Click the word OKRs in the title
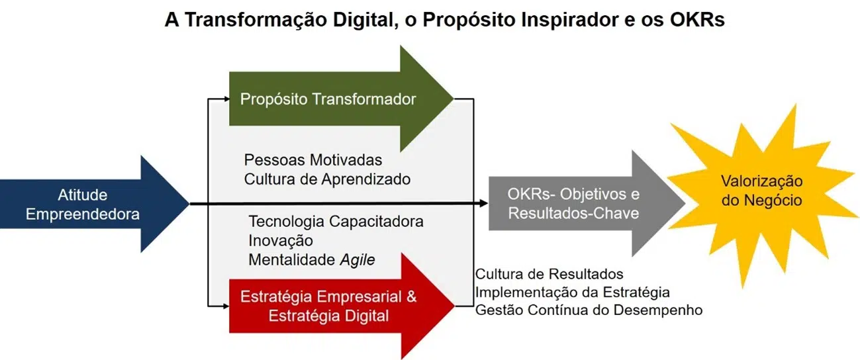coord(697,20)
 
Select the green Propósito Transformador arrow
coord(341,99)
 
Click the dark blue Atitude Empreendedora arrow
coord(95,204)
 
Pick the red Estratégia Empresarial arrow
coord(341,306)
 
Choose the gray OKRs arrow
coord(587,203)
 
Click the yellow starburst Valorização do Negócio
coord(762,196)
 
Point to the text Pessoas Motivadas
coord(313,160)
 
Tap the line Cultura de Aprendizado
coord(327,179)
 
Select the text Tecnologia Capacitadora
coord(336,222)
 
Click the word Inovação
coord(281,241)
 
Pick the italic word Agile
coord(358,260)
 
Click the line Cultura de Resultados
coord(549,274)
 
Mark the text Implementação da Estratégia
coord(573,292)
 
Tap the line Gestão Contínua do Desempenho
coord(589,310)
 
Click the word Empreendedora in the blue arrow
coord(83,214)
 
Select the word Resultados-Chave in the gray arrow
coord(573,213)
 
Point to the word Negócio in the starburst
coord(762,201)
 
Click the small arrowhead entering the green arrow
coord(226,99)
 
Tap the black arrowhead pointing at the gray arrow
coord(484,203)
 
